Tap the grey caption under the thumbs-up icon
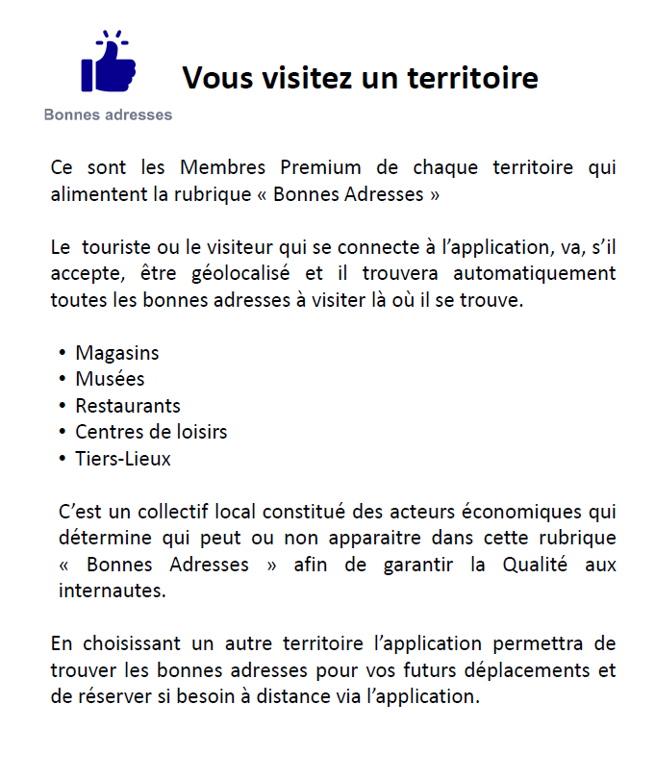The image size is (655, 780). (108, 115)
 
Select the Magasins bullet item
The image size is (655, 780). (117, 353)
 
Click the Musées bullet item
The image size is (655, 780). (110, 379)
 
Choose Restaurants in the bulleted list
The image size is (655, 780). (128, 405)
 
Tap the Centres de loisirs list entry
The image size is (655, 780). (151, 432)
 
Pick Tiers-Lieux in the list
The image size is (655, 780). (123, 459)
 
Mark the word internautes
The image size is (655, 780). (112, 591)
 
